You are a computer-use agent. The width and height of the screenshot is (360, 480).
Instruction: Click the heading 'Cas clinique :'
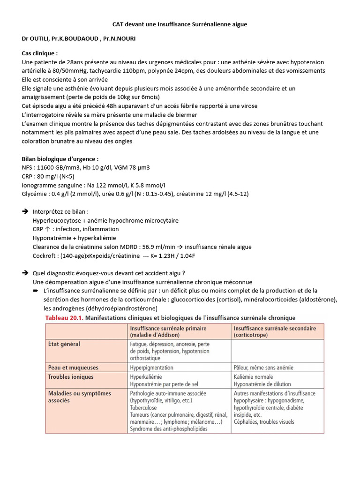40,53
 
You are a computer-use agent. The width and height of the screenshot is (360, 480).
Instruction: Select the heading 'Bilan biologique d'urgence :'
60,158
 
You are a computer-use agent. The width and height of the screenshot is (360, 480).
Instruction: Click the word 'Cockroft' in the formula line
45,255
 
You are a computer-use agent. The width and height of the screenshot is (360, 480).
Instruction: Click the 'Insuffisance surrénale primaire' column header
168,331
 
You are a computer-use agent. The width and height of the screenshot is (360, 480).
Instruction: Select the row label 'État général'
64,344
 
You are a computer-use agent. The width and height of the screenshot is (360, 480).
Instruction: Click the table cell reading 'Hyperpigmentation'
151,368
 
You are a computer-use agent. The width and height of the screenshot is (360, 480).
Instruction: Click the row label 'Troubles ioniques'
71,376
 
